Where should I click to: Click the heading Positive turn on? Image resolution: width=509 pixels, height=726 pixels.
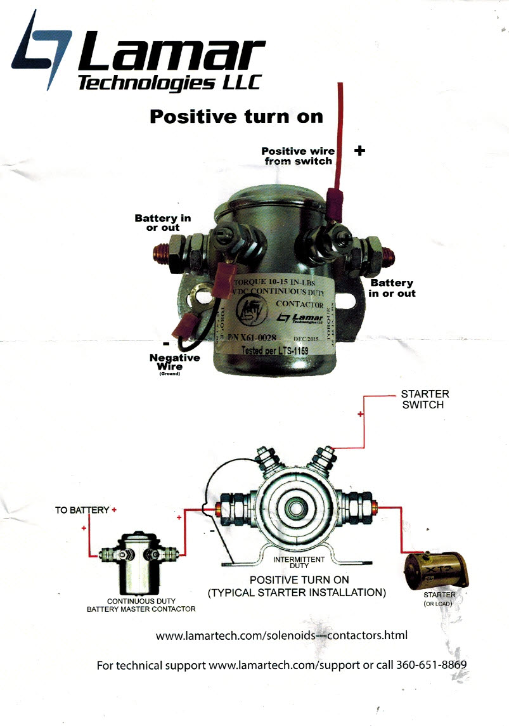tap(236, 117)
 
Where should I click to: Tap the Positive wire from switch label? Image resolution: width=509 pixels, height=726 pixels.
tap(297, 156)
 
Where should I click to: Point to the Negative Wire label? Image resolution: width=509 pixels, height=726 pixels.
tap(174, 361)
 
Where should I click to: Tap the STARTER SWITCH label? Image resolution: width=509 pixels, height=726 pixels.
tap(425, 399)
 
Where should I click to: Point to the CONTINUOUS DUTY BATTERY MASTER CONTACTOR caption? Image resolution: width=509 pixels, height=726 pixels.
tap(141, 605)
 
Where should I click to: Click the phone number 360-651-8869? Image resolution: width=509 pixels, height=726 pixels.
tap(431, 666)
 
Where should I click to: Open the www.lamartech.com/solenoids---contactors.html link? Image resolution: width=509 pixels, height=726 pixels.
tap(281, 635)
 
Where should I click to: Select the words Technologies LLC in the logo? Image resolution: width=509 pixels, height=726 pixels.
tap(168, 82)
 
